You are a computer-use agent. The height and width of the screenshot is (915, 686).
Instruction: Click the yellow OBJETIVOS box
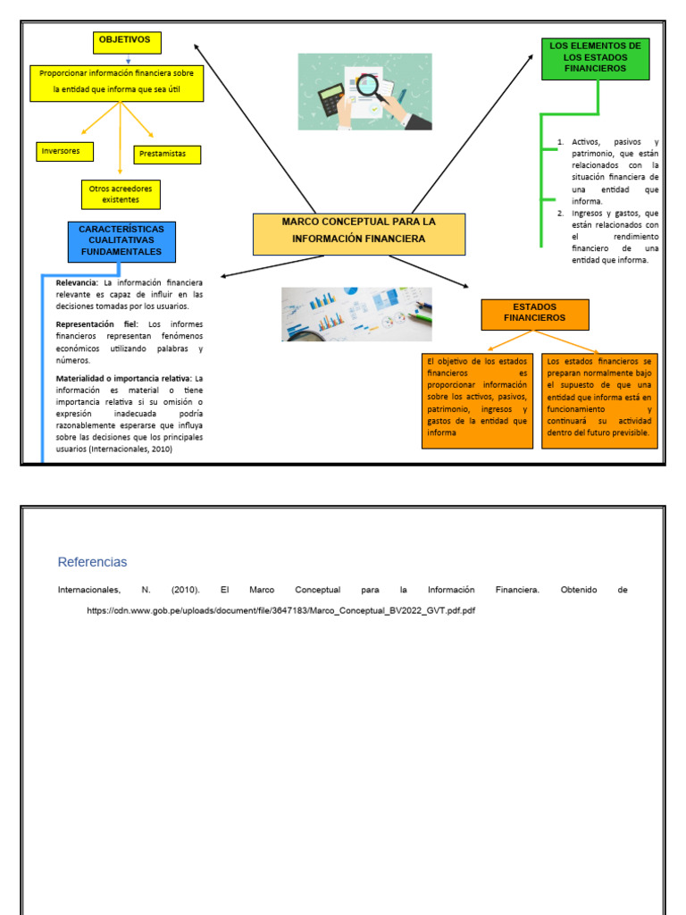128,42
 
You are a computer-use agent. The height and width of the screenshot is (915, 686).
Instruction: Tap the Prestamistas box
167,155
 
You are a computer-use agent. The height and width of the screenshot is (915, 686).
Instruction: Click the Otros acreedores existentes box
121,194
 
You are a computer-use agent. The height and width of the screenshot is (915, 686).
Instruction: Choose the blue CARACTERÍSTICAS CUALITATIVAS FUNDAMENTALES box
121,241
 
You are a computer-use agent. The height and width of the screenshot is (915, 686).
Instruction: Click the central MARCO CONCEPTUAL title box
359,234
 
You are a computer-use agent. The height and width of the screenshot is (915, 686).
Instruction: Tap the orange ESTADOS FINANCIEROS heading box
535,314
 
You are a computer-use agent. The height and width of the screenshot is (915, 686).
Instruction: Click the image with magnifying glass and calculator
364,92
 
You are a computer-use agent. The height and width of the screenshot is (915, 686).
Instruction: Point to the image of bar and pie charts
356,314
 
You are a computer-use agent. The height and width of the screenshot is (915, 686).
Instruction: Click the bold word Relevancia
77,282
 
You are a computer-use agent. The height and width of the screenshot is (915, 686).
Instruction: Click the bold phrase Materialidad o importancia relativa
123,378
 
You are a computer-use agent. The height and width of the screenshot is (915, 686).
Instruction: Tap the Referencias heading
92,562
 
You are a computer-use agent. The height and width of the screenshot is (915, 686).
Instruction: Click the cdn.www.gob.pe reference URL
280,610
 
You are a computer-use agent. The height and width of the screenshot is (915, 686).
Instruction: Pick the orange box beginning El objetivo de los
477,399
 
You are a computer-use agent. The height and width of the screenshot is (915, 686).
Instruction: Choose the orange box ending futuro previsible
599,399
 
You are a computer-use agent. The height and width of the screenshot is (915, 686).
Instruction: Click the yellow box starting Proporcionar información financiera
117,82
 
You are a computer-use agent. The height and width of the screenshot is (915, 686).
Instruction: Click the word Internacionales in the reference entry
88,591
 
